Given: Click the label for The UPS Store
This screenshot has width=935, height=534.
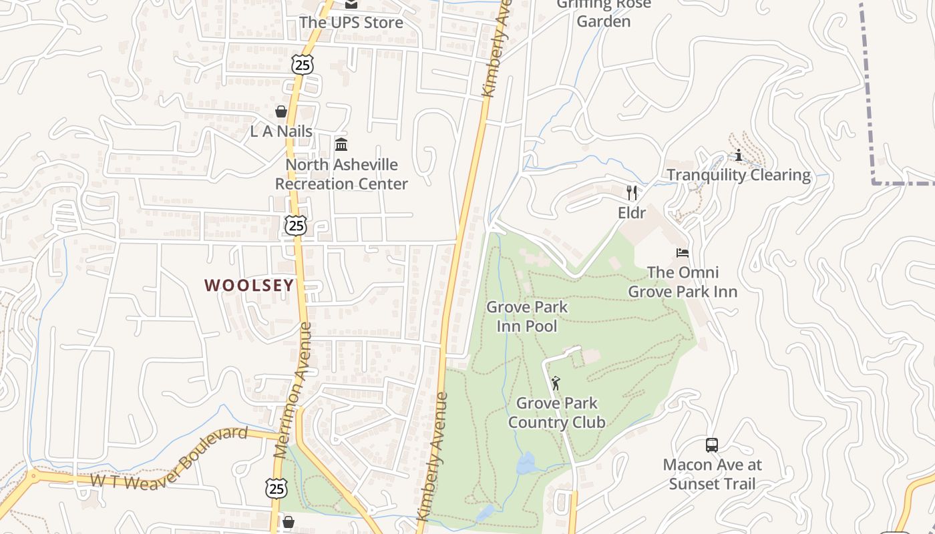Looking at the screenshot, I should coord(351,23).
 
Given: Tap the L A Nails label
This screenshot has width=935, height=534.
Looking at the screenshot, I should coord(281,131).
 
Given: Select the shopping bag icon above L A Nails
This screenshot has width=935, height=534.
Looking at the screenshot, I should coord(281,111).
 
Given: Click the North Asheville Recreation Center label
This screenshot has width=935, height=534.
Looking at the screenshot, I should coord(341,174).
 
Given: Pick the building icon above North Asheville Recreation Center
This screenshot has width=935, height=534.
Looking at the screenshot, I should coord(341,144).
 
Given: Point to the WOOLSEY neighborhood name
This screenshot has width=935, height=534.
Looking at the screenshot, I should coord(249,286).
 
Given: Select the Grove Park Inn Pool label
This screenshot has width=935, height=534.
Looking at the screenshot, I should coord(526,316).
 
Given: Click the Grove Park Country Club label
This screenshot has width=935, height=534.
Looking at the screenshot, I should coord(556,413).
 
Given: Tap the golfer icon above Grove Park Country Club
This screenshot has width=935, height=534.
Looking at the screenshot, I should coord(556,383).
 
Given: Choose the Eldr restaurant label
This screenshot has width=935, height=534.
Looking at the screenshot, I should coord(631,213).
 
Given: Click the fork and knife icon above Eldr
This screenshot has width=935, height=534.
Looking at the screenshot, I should coord(632,193).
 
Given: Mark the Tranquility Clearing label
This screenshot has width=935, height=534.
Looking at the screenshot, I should coord(739,176).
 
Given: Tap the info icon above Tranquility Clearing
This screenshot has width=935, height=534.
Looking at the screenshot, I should coord(739,156).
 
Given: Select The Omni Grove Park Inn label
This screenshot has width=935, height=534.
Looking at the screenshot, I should coord(683,282).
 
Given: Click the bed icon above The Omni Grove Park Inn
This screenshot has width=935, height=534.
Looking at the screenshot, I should coord(683,253).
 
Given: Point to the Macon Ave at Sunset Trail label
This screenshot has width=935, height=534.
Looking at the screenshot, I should coord(712,474).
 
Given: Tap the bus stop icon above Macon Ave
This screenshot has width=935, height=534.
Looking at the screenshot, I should coord(712,445).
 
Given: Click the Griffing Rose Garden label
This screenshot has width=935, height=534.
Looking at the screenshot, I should coord(603,13).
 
